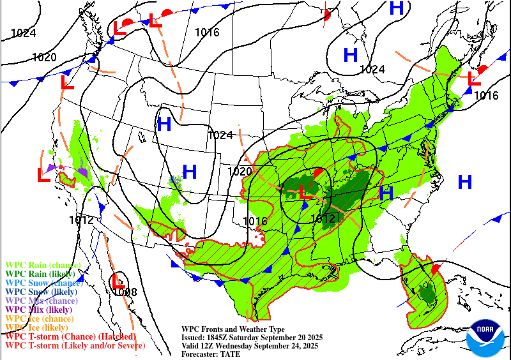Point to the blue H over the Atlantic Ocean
click(x=464, y=183)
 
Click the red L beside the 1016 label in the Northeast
click(x=474, y=79)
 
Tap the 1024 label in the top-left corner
click(x=24, y=33)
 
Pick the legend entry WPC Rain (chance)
click(x=43, y=265)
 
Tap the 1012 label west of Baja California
click(x=82, y=220)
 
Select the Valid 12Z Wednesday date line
click(x=250, y=346)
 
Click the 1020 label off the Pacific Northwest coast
click(x=44, y=57)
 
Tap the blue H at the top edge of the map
click(x=397, y=8)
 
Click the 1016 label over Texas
click(x=255, y=221)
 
